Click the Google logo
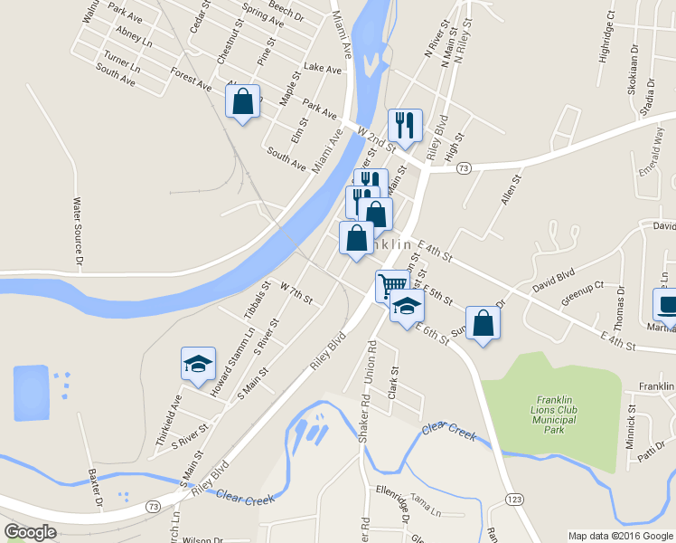pyautogui.click(x=30, y=532)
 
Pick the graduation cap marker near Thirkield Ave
pyautogui.click(x=198, y=364)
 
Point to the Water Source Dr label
pyautogui.click(x=78, y=233)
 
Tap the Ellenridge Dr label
pyautogui.click(x=404, y=507)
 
